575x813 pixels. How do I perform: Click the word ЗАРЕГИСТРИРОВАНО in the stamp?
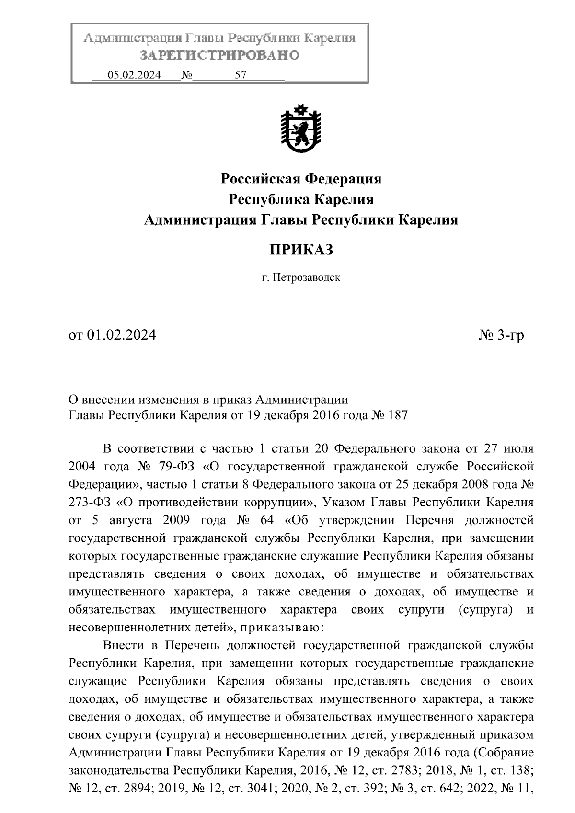[219, 56]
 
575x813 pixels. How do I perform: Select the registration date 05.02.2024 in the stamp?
[134, 75]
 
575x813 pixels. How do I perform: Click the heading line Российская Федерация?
[301, 179]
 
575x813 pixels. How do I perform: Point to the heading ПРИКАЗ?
[300, 249]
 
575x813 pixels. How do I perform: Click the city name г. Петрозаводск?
[301, 277]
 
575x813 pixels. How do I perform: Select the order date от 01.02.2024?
[113, 335]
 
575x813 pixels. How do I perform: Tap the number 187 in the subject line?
[396, 415]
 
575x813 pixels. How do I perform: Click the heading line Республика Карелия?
[301, 199]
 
